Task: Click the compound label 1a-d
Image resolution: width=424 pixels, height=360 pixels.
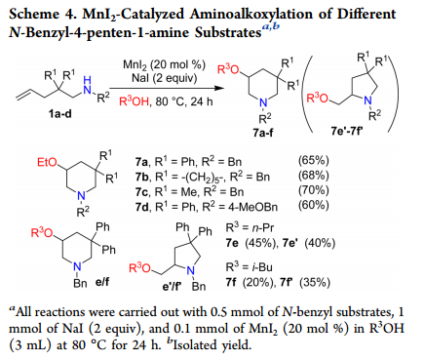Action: tap(60, 113)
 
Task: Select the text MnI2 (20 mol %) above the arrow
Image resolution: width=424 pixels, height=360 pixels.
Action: tap(164, 65)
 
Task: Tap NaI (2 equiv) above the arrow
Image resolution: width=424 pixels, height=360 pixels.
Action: tap(164, 78)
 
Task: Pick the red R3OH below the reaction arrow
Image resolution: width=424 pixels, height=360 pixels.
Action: tap(134, 101)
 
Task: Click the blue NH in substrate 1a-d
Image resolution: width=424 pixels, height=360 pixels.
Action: tap(88, 85)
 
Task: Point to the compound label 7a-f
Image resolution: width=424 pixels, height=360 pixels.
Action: tap(263, 133)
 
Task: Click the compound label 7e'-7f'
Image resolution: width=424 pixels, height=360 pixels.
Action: tap(347, 131)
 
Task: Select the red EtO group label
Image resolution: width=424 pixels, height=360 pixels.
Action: tap(47, 162)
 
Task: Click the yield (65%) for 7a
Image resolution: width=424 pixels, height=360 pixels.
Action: tap(314, 160)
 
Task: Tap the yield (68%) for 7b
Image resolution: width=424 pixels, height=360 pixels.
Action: tap(314, 175)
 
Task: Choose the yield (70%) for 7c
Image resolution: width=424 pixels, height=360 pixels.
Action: tap(314, 190)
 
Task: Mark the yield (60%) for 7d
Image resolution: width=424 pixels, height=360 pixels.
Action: tap(314, 205)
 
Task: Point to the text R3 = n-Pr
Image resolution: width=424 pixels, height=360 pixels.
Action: tap(250, 227)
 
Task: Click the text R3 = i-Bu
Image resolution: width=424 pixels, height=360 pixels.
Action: tap(249, 266)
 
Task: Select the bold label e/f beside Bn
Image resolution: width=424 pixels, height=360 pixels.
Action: tap(102, 281)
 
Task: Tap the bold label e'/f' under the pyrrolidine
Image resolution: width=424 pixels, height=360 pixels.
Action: tap(172, 286)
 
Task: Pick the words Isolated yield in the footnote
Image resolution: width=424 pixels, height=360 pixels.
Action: tap(212, 344)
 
